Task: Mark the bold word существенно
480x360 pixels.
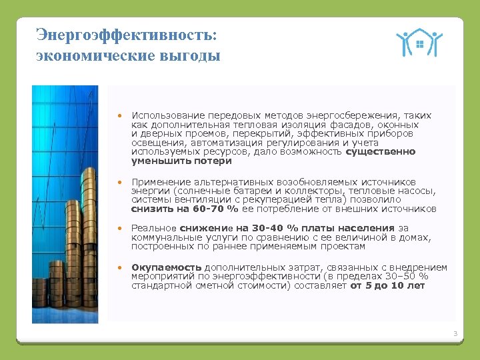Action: point(380,151)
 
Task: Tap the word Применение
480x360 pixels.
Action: point(161,181)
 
